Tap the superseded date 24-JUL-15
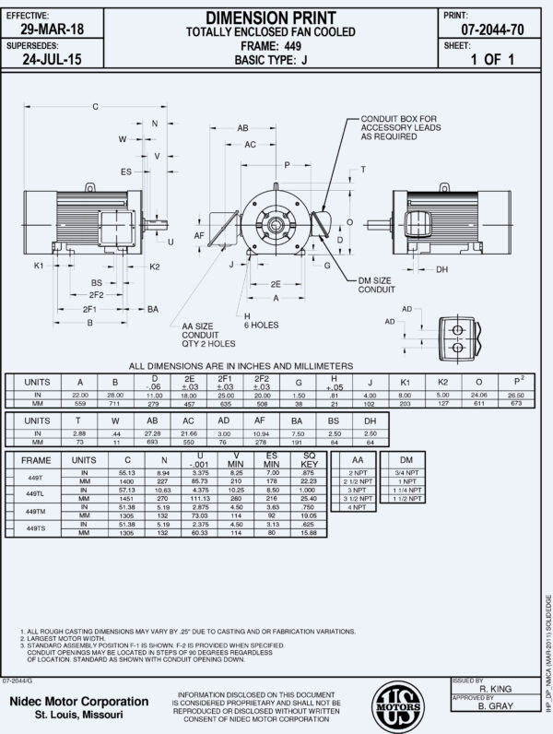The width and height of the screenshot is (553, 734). click(52, 62)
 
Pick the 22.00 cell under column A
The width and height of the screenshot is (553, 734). click(79, 395)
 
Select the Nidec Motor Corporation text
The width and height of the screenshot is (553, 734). click(77, 702)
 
